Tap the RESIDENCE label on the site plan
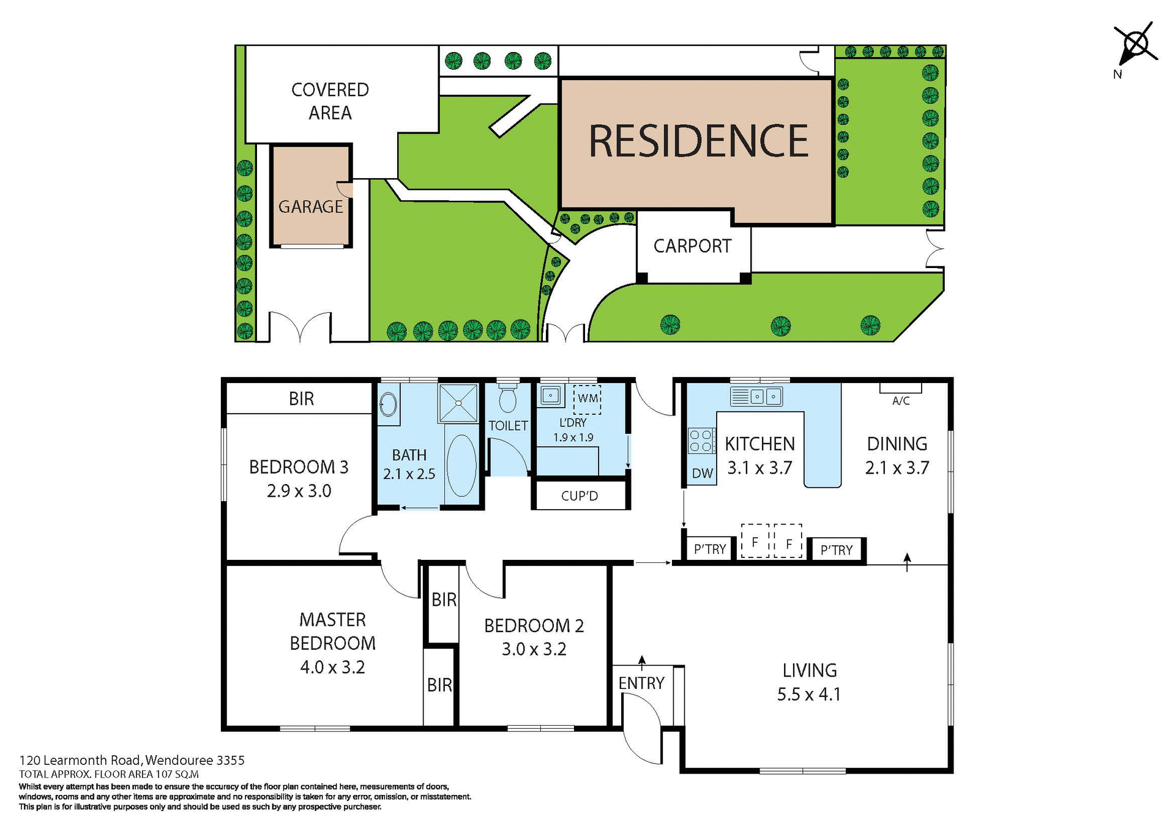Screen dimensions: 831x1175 pos(698,141)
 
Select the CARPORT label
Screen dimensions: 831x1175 pos(692,246)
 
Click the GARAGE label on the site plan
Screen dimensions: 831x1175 pos(310,207)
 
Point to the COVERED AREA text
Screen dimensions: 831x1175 pos(330,101)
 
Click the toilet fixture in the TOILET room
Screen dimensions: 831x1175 pos(507,398)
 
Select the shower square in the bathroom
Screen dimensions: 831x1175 pos(458,403)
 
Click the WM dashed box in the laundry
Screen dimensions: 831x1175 pos(587,398)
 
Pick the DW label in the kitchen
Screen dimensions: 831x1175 pos(703,473)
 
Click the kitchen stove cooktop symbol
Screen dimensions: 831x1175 pos(701,441)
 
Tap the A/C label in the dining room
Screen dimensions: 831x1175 pos(901,401)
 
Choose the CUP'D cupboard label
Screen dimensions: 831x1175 pos(579,496)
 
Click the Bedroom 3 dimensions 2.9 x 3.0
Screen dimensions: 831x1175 pos(299,491)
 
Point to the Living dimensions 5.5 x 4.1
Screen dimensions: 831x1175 pos(809,695)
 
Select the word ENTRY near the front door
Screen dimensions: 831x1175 pos(641,683)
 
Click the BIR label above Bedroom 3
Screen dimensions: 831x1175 pos(301,399)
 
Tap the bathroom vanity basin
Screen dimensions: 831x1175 pos(388,404)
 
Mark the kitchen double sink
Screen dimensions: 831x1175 pos(764,397)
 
